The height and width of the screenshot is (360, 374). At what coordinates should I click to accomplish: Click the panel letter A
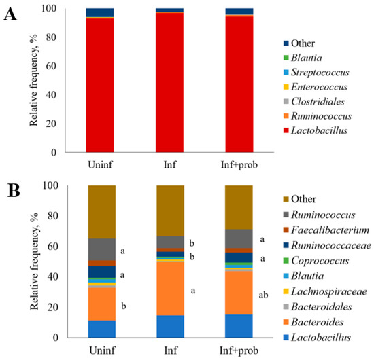pyautogui.click(x=10, y=14)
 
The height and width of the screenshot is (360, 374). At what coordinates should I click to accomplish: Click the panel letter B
pyautogui.click(x=14, y=191)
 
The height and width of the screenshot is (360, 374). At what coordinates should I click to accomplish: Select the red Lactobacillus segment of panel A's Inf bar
pyautogui.click(x=169, y=82)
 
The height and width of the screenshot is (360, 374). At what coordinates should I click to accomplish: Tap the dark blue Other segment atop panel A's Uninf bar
pyautogui.click(x=100, y=12)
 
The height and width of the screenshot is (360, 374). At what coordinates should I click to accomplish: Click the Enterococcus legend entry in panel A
pyautogui.click(x=316, y=87)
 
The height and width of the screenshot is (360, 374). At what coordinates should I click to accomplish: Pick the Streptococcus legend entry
pyautogui.click(x=316, y=73)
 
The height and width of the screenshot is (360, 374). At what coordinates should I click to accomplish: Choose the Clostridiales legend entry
pyautogui.click(x=314, y=102)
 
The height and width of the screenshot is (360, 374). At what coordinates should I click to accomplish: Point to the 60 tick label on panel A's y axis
pyautogui.click(x=51, y=66)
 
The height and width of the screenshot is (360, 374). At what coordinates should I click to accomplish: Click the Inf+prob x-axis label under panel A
pyautogui.click(x=239, y=165)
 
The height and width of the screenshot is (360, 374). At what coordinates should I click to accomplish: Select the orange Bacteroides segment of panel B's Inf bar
pyautogui.click(x=170, y=288)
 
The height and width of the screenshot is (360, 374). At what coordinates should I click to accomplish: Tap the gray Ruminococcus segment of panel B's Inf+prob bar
pyautogui.click(x=239, y=238)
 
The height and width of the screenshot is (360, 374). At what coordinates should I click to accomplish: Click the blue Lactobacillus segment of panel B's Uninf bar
pyautogui.click(x=102, y=329)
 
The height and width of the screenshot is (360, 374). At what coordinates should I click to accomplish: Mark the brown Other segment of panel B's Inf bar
pyautogui.click(x=170, y=211)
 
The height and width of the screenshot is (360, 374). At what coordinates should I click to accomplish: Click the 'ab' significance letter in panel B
pyautogui.click(x=263, y=295)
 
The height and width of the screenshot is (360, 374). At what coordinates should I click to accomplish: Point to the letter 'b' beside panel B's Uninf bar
pyautogui.click(x=124, y=306)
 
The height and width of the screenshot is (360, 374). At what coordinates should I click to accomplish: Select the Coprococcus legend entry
pyautogui.click(x=316, y=261)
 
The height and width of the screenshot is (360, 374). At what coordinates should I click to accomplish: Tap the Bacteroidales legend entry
pyautogui.click(x=318, y=307)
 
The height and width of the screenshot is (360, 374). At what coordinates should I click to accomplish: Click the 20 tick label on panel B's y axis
pyautogui.click(x=52, y=307)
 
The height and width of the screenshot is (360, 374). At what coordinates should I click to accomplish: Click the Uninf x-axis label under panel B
pyautogui.click(x=102, y=350)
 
